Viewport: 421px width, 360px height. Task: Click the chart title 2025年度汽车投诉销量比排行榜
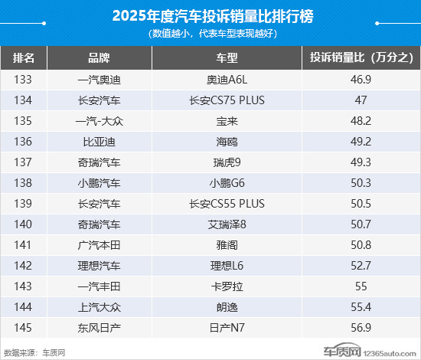(211, 15)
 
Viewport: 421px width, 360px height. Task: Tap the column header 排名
(28, 58)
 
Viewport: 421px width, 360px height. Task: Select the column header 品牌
(99, 58)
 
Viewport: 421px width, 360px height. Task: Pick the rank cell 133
(28, 79)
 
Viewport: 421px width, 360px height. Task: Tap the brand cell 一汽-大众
(99, 120)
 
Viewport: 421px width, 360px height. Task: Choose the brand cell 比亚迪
(99, 141)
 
